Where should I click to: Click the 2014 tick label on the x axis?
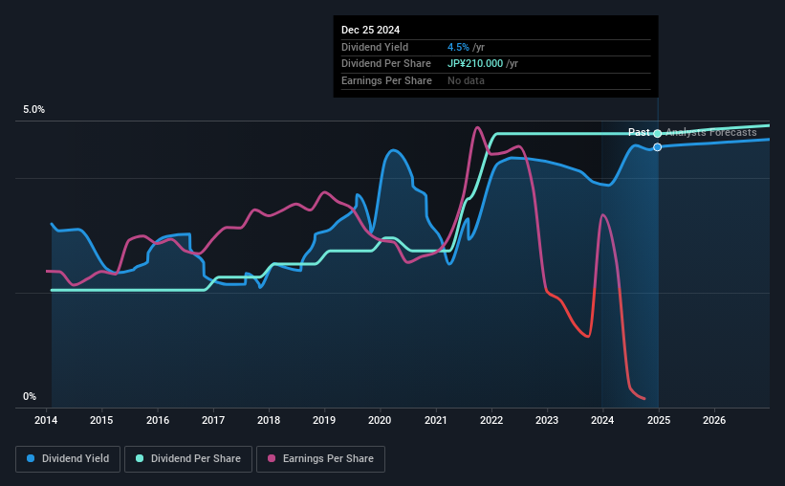coord(47,420)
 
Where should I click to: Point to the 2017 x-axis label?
coord(213,420)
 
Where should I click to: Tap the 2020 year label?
coord(380,420)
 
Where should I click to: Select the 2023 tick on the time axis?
coord(547,420)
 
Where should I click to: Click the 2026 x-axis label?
coord(713,420)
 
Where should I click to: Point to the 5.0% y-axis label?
coord(34,110)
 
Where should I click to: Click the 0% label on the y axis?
coord(30,397)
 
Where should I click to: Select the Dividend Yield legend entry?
coord(67,459)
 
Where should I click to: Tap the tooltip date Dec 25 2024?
coord(371,29)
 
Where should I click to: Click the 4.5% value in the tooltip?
coord(458,47)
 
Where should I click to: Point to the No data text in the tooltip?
coord(466,80)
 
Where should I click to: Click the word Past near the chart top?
coord(639,132)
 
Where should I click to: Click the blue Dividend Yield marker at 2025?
coord(658,147)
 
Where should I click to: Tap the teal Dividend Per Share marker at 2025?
coord(658,133)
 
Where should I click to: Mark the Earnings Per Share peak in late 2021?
coord(476,127)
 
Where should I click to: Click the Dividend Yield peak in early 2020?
coord(393,150)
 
